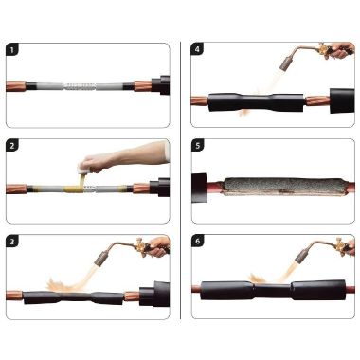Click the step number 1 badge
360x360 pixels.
click(x=12, y=50)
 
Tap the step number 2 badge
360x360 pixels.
click(x=12, y=146)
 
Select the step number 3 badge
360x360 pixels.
click(x=12, y=242)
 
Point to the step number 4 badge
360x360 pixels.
click(x=197, y=49)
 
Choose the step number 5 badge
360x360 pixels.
click(x=198, y=146)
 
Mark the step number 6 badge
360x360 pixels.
click(x=198, y=242)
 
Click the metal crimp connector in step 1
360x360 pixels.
click(x=81, y=86)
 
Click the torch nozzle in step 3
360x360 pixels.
click(x=100, y=259)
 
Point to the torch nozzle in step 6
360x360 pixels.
click(x=300, y=255)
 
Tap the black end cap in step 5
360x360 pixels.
click(x=199, y=188)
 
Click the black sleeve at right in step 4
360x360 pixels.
click(x=342, y=100)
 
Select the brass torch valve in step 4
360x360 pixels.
click(x=323, y=50)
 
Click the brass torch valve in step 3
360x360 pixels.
click(x=142, y=244)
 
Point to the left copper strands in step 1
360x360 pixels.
click(x=16, y=86)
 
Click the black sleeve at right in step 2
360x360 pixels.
click(x=159, y=188)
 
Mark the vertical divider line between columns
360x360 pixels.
click(x=181, y=180)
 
